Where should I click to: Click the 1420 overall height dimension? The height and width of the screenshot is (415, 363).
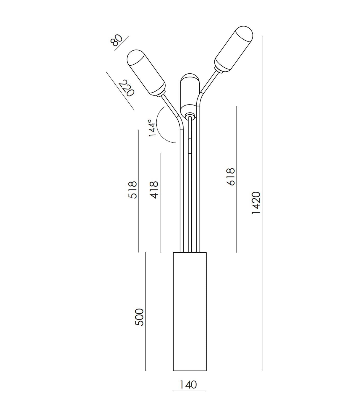click(x=256, y=203)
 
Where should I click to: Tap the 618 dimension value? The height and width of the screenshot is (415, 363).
click(x=231, y=177)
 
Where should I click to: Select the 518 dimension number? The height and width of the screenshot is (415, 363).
click(x=132, y=190)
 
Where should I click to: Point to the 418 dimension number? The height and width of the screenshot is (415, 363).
click(x=154, y=190)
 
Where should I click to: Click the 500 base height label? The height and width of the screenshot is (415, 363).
click(x=139, y=317)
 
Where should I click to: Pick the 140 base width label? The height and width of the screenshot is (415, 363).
click(x=188, y=384)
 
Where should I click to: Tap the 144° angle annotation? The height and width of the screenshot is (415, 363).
click(x=152, y=128)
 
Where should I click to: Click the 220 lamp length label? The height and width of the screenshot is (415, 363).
click(x=127, y=88)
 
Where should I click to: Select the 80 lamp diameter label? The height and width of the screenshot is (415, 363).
click(x=117, y=40)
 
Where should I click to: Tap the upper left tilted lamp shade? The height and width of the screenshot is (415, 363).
click(x=146, y=73)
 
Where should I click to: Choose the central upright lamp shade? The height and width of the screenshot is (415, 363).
click(x=190, y=93)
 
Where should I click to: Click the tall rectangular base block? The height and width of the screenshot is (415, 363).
click(x=190, y=311)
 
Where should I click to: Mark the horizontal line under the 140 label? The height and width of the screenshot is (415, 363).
click(x=190, y=391)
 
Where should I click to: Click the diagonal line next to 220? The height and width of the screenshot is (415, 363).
click(x=120, y=91)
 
